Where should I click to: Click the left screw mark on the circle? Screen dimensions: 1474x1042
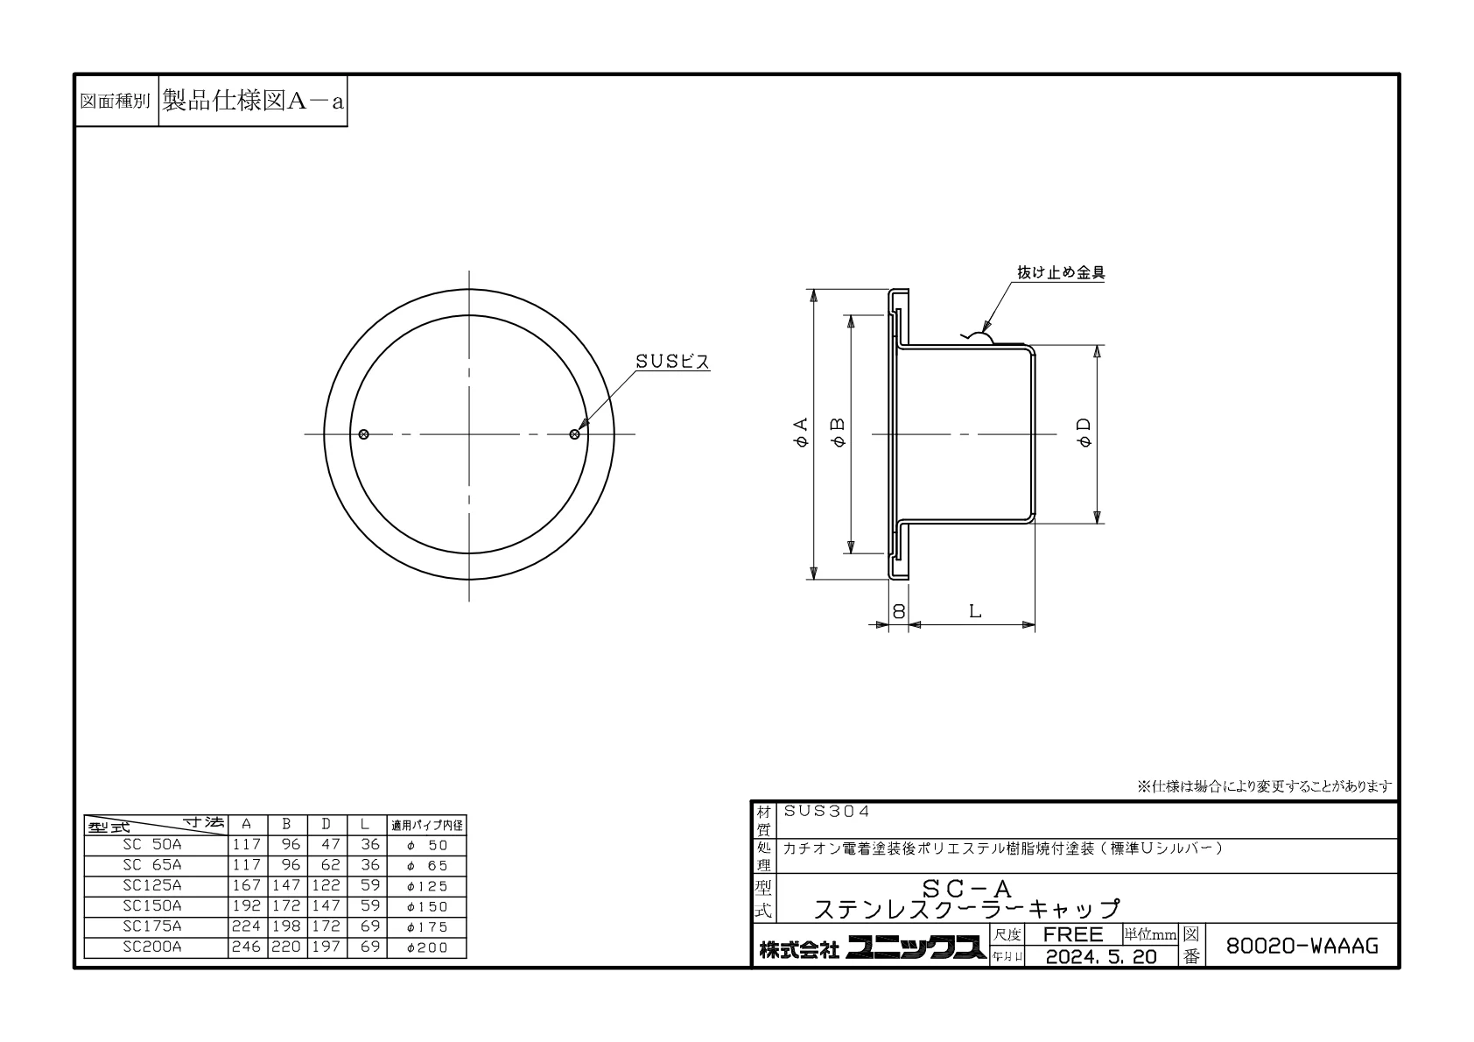click(363, 434)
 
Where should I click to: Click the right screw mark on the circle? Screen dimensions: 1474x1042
click(574, 434)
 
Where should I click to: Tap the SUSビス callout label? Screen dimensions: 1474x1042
click(672, 362)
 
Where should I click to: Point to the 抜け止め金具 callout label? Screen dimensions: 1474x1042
click(1061, 272)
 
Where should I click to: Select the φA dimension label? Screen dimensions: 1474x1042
click(801, 433)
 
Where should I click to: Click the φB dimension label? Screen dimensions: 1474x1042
click(839, 433)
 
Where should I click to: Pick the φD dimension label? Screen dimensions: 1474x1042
click(1084, 433)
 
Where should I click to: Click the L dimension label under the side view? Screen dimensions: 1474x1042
click(975, 611)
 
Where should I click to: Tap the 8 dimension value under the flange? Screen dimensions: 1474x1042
click(899, 611)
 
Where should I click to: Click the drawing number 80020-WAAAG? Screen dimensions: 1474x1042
click(1302, 946)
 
